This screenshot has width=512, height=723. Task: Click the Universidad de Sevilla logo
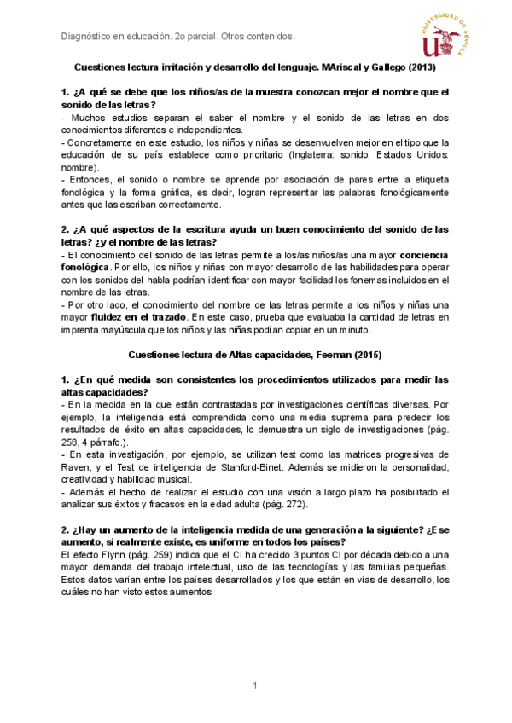point(446,36)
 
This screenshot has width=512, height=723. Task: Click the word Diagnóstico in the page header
point(90,38)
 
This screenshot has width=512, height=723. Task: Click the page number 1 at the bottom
point(255,686)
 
